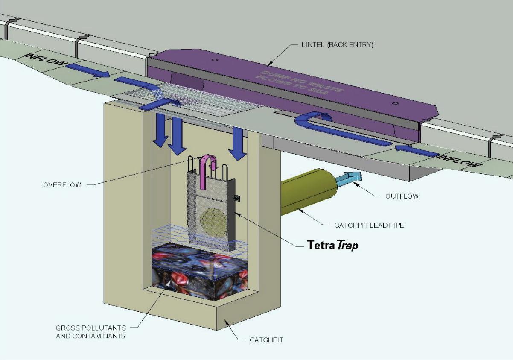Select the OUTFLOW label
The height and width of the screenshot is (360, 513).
tap(402, 196)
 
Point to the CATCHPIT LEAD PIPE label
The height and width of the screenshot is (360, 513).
tap(369, 225)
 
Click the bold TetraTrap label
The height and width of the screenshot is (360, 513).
tap(332, 245)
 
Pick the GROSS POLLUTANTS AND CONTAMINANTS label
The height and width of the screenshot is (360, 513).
tap(90, 332)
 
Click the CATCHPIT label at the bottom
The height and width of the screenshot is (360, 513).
tap(266, 340)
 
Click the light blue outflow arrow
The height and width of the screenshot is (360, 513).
tap(349, 179)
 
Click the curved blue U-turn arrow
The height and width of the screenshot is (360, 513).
tap(315, 121)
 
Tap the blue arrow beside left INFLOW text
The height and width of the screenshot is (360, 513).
tap(87, 70)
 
